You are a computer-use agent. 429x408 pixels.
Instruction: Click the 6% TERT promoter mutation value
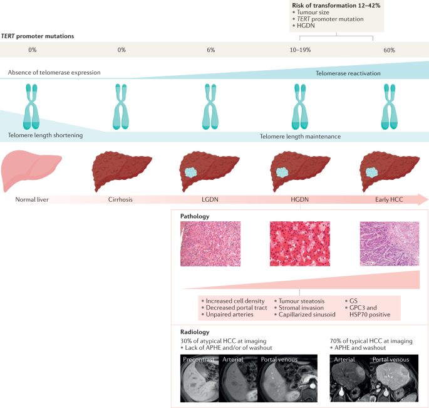tap(210, 50)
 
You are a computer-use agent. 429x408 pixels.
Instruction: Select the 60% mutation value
tap(389, 50)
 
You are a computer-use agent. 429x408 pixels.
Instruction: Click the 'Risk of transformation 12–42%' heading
tap(328, 6)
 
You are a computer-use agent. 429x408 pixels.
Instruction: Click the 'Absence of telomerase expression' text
tap(54, 73)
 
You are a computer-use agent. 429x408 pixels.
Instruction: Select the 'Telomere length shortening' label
tap(45, 135)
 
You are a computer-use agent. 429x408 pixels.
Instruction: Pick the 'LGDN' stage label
tap(210, 200)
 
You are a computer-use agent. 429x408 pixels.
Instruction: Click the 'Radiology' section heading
tap(194, 332)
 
